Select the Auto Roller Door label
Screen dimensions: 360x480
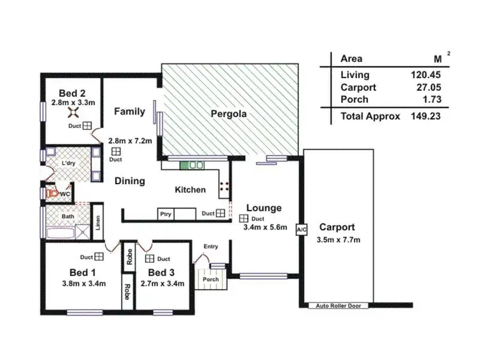[x=339, y=306]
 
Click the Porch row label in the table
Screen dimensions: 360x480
[x=354, y=100]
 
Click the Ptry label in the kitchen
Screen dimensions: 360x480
[x=166, y=214]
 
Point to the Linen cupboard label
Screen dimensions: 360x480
[x=98, y=221]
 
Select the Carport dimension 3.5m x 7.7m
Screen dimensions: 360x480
[x=339, y=240]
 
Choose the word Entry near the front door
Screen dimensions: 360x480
[x=211, y=247]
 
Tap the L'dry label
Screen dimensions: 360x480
[x=68, y=164]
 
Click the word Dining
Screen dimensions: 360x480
[x=129, y=181]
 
